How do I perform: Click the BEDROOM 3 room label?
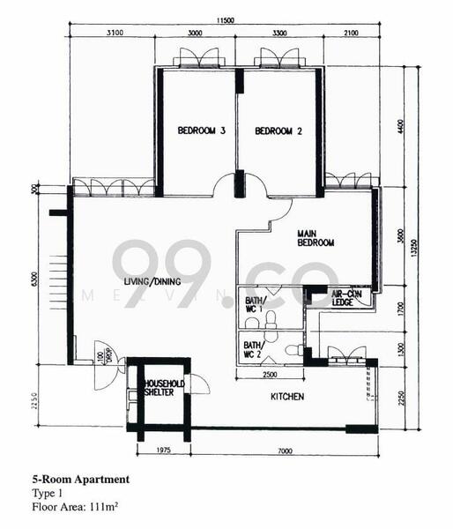(202, 131)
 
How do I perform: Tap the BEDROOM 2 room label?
(278, 131)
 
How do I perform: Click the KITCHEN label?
(286, 397)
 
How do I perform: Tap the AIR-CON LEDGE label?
(348, 298)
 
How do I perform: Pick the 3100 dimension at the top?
(112, 34)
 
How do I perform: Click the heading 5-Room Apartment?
(79, 480)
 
